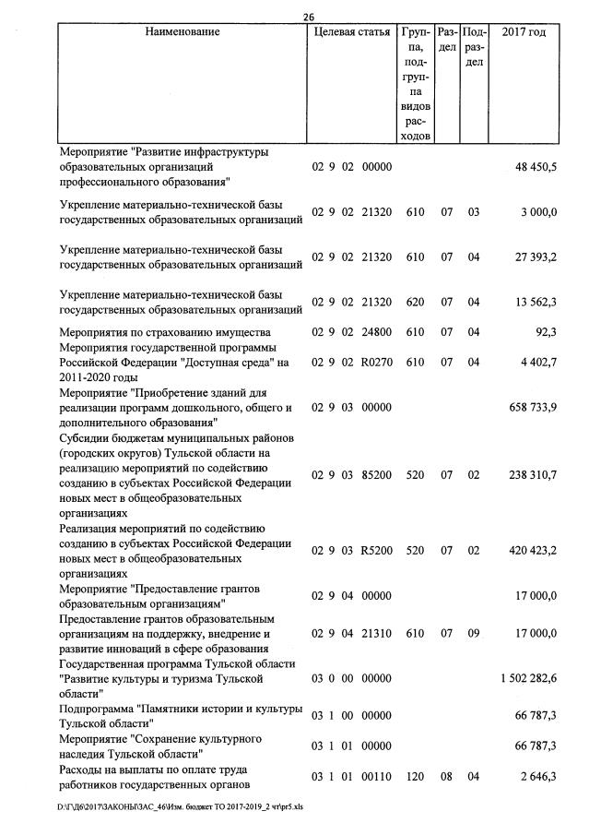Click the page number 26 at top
coord(308,15)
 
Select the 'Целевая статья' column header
coord(352,32)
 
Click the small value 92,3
coord(544,331)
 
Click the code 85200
coord(378,474)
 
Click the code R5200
coord(378,550)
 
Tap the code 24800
coord(378,331)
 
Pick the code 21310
coord(378,633)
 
